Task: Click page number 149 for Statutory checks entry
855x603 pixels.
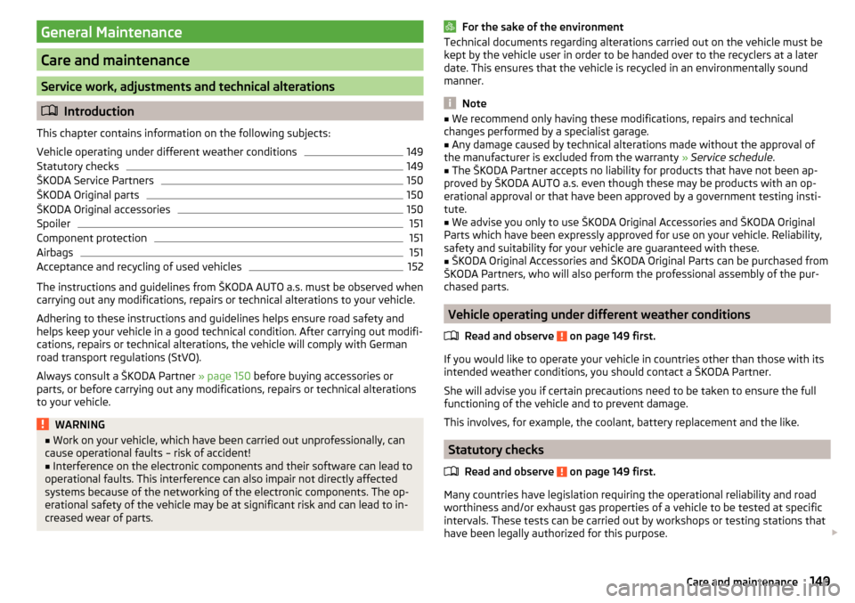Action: click(414, 167)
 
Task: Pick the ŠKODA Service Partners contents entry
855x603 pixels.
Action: click(95, 181)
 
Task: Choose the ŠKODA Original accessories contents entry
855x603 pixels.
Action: click(103, 209)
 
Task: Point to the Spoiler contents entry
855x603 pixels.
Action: click(53, 224)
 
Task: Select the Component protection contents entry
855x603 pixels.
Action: click(92, 238)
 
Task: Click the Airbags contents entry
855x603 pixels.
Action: click(55, 252)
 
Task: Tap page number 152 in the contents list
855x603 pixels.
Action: click(414, 266)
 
